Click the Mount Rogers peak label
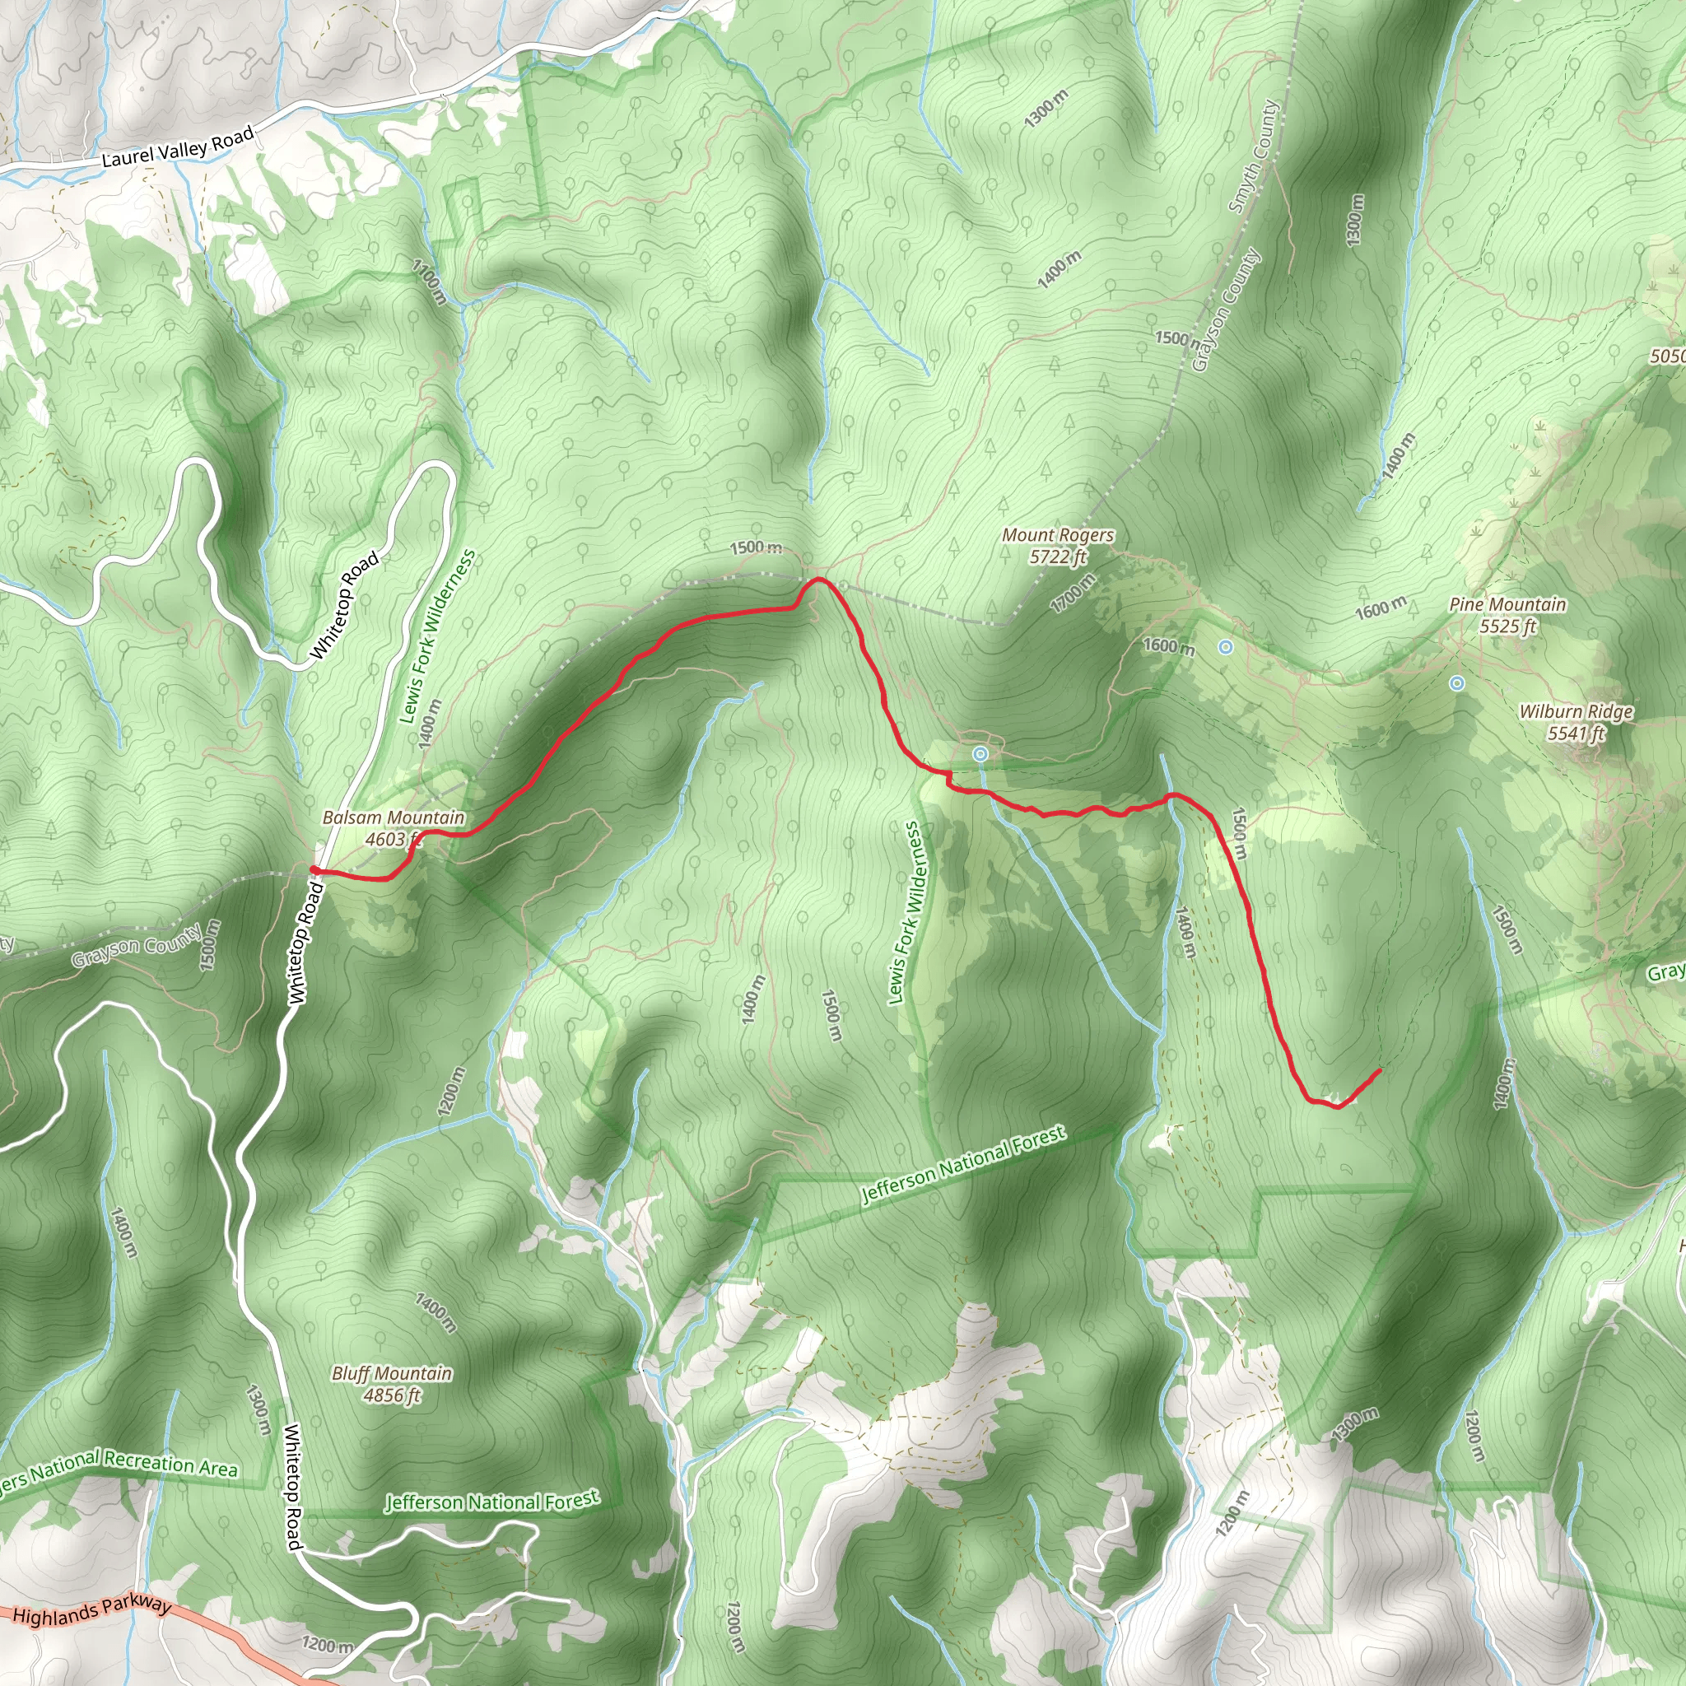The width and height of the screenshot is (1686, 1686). pos(1058,535)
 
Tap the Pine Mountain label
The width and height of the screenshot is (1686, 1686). pos(1507,605)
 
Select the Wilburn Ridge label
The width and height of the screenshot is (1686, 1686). pos(1575,712)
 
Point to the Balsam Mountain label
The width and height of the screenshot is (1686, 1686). pos(394,817)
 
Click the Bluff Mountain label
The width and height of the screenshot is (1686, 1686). pos(392,1372)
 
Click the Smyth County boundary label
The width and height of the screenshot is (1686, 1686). pos(1253,157)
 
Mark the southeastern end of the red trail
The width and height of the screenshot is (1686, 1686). pos(1379,1071)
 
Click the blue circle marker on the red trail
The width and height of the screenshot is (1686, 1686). pos(980,753)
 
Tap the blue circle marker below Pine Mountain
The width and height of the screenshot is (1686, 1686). pos(1456,683)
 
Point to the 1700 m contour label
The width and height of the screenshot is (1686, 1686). pos(1073,594)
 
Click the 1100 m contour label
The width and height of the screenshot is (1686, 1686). pos(430,281)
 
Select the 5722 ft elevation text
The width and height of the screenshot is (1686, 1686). pos(1058,557)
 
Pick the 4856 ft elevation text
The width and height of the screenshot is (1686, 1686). pos(392,1395)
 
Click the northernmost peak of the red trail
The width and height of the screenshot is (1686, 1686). pos(817,579)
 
